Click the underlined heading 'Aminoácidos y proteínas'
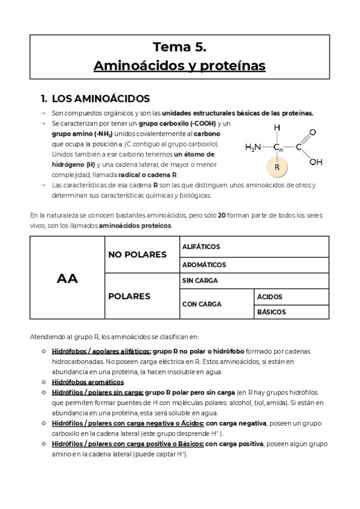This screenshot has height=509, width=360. tap(179, 65)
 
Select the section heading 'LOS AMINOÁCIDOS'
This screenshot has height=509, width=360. tap(101, 98)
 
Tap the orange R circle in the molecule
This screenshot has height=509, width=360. tap(277, 167)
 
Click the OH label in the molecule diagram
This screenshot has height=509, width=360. tap(316, 161)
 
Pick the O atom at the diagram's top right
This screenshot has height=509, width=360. tap(313, 131)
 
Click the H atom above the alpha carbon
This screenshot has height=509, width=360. tap(277, 128)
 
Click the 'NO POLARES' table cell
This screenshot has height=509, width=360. tap(137, 255)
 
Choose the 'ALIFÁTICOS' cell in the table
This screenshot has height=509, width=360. tap(201, 247)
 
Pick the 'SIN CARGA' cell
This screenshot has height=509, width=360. tap(199, 280)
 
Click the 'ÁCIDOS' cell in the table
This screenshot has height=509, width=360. tap(270, 297)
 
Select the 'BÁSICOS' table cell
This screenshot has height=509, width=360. tap(272, 312)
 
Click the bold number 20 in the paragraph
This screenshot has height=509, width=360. tap(221, 215)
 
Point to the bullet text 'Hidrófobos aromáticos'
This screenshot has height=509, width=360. tap(88, 382)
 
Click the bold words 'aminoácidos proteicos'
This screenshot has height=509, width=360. tap(135, 226)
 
